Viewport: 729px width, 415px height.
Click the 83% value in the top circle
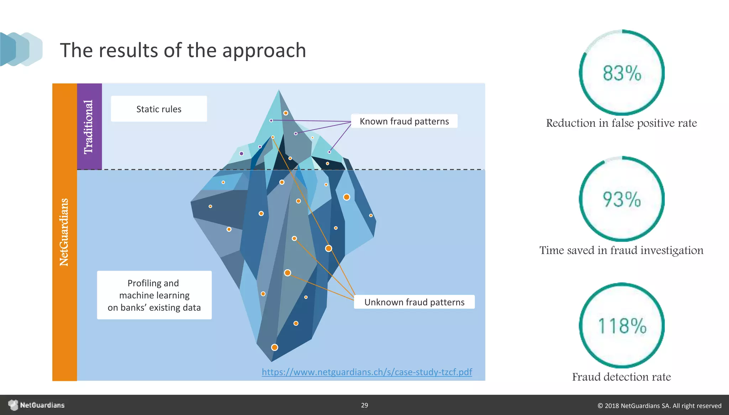[x=622, y=73]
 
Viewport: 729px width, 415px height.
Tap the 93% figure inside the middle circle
[x=622, y=199]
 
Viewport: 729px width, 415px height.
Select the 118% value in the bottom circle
[x=622, y=326]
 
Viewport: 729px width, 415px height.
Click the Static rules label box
[x=159, y=109]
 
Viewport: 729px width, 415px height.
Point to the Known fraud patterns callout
[x=404, y=121]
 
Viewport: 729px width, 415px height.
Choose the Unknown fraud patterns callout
[x=414, y=302]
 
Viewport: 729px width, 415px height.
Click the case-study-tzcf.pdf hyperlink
[x=367, y=372]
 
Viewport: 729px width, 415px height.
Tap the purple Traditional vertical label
[x=89, y=127]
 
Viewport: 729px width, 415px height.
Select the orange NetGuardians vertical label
[x=64, y=232]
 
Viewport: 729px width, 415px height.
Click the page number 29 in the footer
[x=364, y=405]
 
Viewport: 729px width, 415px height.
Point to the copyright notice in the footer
[x=659, y=405]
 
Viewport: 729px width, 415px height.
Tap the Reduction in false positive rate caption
[x=621, y=123]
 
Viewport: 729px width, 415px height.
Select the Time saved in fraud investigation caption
[x=621, y=250]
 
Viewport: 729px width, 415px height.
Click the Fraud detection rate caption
[x=621, y=377]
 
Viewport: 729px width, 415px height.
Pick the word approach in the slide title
[x=264, y=50]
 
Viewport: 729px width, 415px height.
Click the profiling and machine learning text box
[x=154, y=295]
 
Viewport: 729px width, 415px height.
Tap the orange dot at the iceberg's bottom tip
[x=274, y=347]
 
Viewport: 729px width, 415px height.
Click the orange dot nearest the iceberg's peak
[x=285, y=113]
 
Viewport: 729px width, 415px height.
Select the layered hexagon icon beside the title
[x=21, y=49]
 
